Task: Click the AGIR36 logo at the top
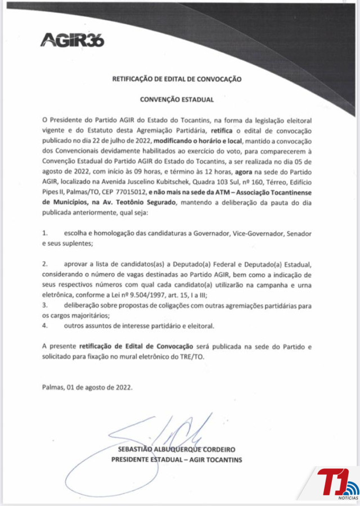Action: point(73,39)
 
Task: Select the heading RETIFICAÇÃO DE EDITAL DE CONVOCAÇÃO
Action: point(177,79)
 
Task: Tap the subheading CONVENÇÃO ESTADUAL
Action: point(177,100)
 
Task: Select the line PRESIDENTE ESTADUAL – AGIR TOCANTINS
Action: point(177,460)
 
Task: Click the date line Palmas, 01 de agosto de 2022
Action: point(87,387)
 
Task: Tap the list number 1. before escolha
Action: point(45,232)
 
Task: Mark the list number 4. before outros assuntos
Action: point(45,325)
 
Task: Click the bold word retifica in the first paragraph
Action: point(221,130)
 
